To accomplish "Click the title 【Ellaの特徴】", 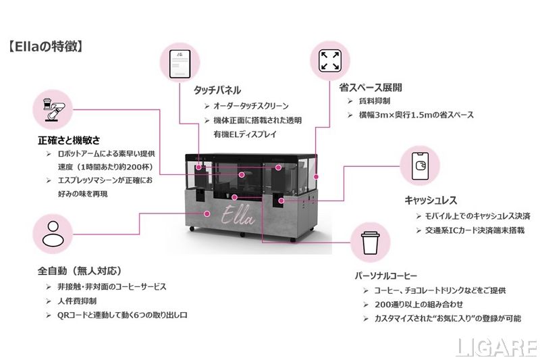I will [x=45, y=47].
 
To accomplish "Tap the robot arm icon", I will [x=53, y=111].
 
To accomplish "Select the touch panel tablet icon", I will [x=180, y=61].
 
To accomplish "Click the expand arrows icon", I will [x=330, y=59].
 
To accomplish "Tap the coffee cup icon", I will [x=369, y=244].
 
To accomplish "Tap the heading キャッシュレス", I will [x=431, y=200].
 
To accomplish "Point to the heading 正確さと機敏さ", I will [x=69, y=140].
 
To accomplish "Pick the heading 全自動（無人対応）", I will [x=79, y=272].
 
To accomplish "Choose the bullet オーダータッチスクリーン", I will [x=251, y=106].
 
